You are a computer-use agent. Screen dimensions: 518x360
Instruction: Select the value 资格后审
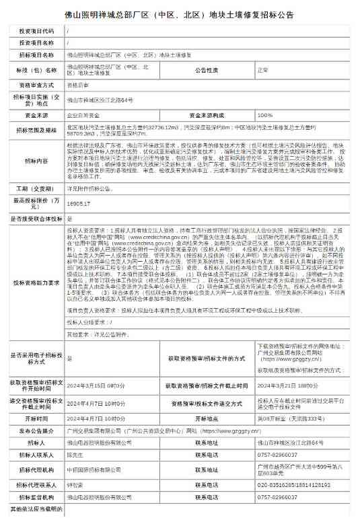pos(77,86)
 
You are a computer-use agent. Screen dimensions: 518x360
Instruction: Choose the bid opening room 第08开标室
pos(288,418)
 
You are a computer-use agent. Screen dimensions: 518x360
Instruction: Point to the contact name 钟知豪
pos(75,484)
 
